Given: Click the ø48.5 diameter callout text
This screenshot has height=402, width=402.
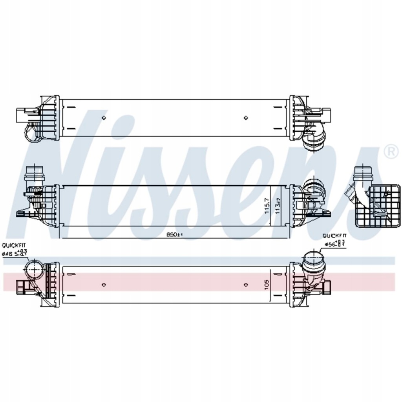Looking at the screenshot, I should click(x=15, y=254).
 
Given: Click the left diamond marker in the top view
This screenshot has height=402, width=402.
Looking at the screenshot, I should click(x=104, y=117).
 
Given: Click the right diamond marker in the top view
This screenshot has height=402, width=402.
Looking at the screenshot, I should click(x=246, y=117).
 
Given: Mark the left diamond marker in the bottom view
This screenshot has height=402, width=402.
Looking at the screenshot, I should click(x=104, y=285).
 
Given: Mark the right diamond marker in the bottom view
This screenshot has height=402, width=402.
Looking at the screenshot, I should click(x=246, y=285).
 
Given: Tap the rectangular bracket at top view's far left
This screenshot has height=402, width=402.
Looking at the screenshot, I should click(x=22, y=115).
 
